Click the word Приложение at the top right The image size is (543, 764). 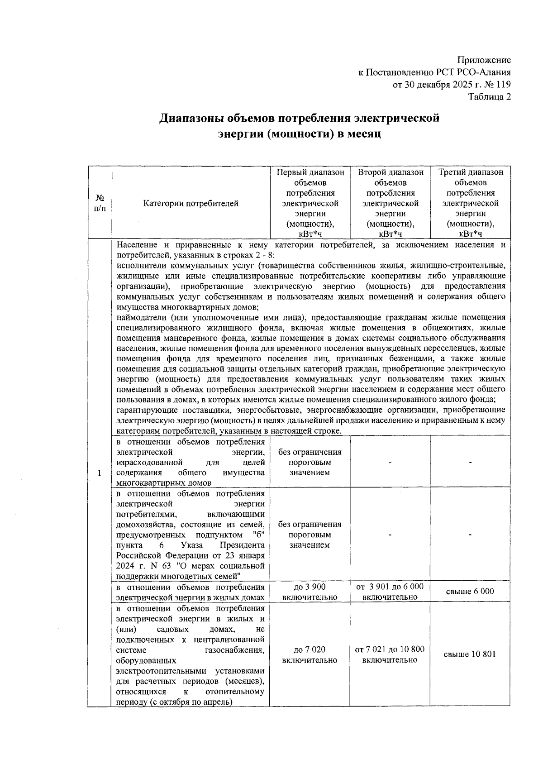(484, 60)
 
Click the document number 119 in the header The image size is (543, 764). (504, 85)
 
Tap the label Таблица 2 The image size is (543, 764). (490, 97)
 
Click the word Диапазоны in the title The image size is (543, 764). (195, 119)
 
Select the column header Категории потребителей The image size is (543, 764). (191, 204)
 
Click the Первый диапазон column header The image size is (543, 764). (310, 172)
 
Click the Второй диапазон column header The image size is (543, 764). (390, 172)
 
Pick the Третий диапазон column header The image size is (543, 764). (470, 172)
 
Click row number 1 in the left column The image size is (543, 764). (100, 473)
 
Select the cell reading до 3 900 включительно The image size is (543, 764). (310, 592)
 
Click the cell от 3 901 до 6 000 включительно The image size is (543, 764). (390, 592)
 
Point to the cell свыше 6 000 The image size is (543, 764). (470, 592)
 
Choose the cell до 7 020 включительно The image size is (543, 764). (310, 655)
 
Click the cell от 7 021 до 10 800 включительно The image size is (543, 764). (390, 655)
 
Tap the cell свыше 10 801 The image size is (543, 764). (470, 654)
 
